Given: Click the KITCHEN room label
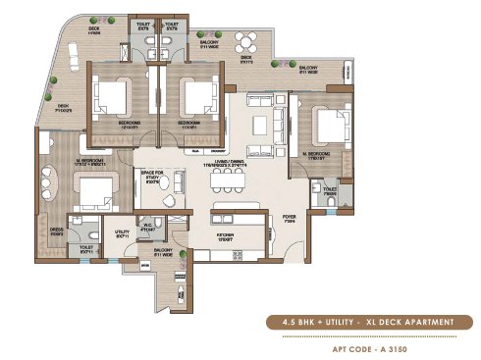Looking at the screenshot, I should pos(225,238).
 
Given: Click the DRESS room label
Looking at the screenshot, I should pos(57,233).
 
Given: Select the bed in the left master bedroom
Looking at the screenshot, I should pos(93,189).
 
